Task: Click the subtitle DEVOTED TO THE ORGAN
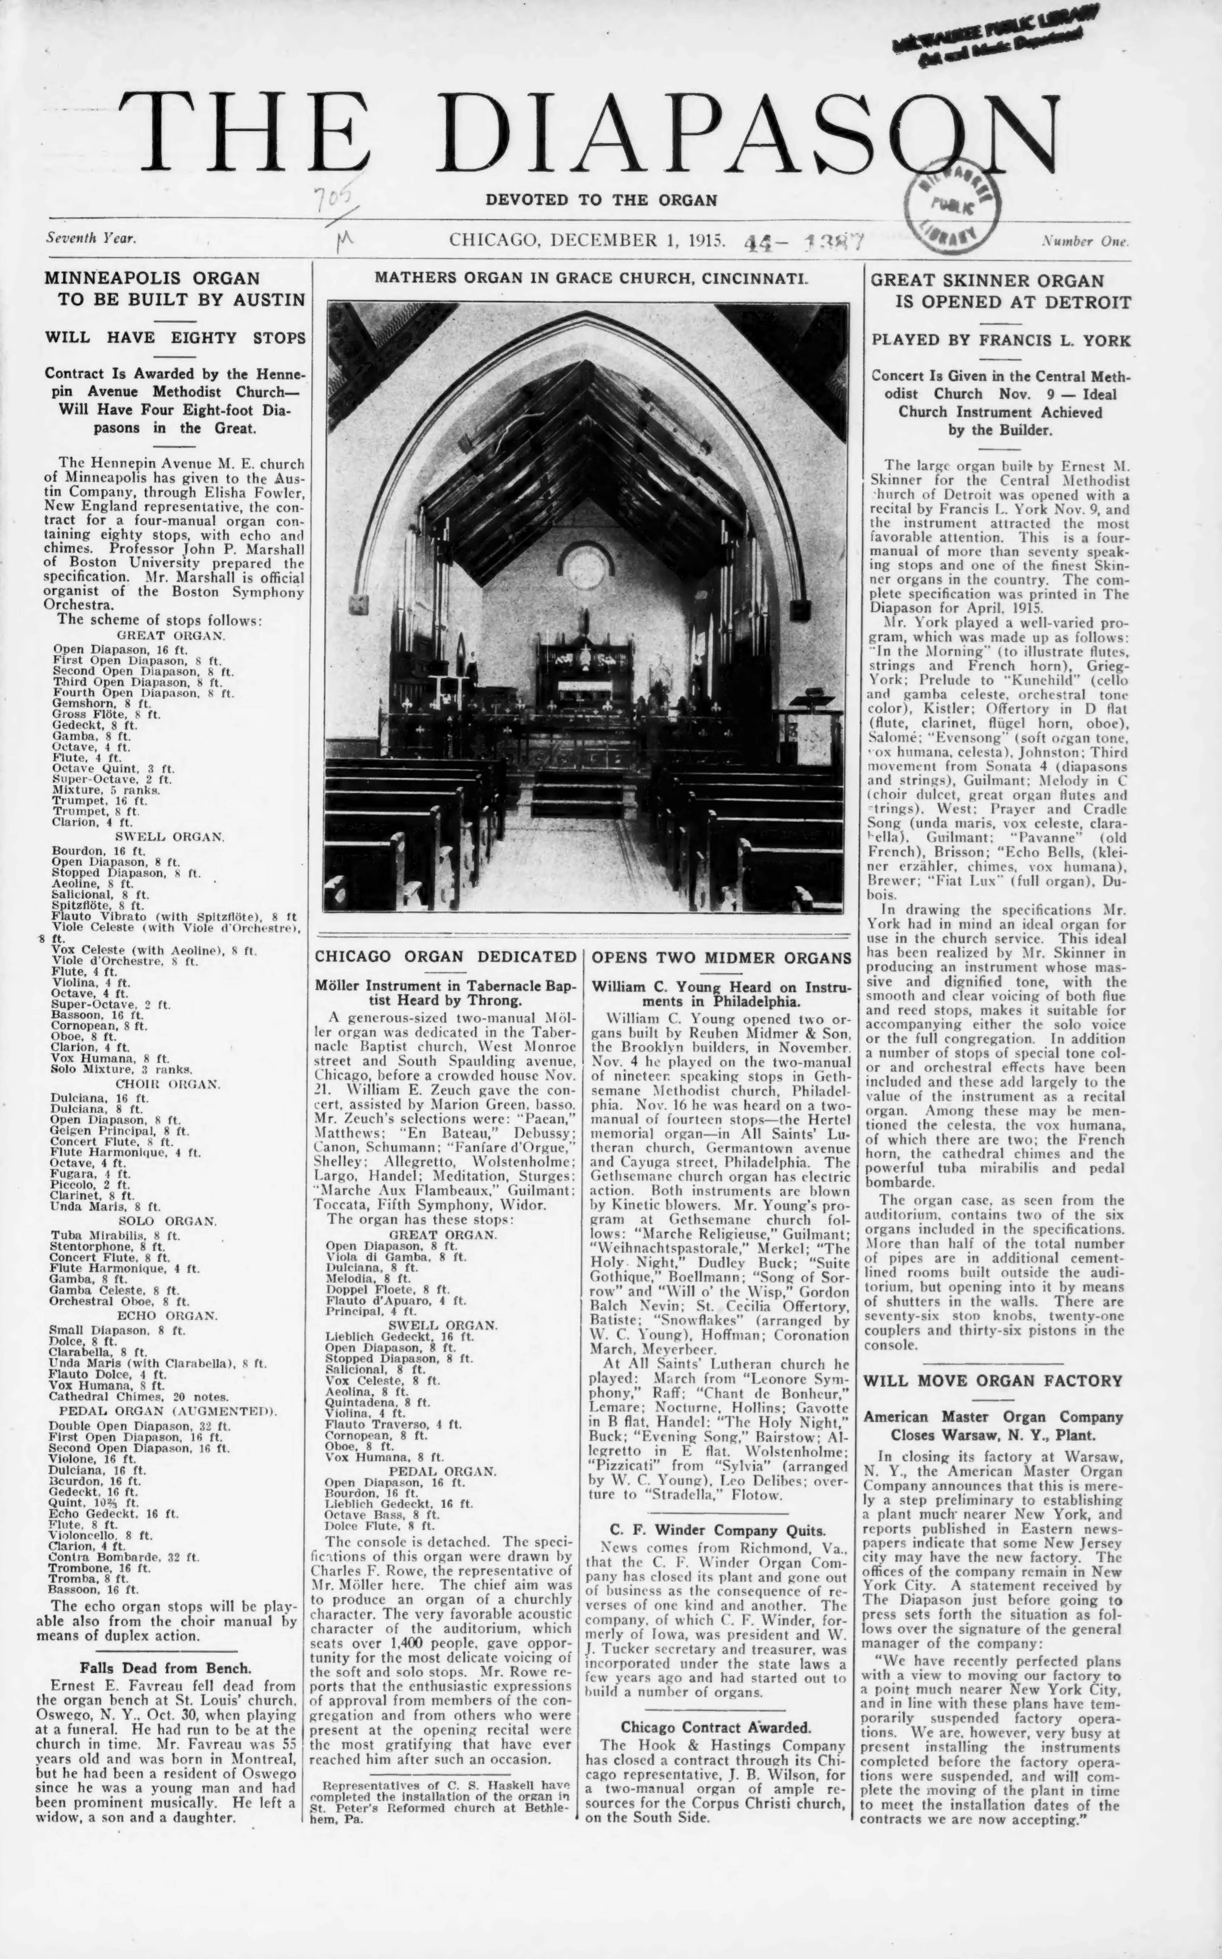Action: click(600, 200)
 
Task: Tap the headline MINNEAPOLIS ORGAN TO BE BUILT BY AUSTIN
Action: click(175, 288)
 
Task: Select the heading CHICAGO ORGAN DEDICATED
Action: click(445, 956)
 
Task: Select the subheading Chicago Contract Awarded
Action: click(716, 1728)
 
